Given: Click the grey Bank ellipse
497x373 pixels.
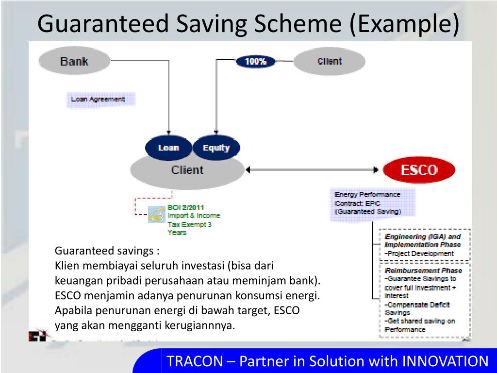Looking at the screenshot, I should tap(74, 62).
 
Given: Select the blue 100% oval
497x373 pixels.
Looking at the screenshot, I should tap(255, 62).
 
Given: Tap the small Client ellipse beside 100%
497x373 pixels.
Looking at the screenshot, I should tap(330, 62).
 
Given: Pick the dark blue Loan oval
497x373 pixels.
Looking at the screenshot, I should tap(168, 148).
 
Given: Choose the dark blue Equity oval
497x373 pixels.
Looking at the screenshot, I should tap(216, 148).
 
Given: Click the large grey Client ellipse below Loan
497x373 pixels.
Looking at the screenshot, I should tap(187, 171).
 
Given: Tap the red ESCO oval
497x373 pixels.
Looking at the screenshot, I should tap(419, 170).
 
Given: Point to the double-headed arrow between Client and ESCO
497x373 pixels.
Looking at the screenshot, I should tap(313, 170).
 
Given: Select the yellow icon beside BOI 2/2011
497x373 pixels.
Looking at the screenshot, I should tap(156, 215).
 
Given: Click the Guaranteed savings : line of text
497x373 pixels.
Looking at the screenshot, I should tap(107, 251).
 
